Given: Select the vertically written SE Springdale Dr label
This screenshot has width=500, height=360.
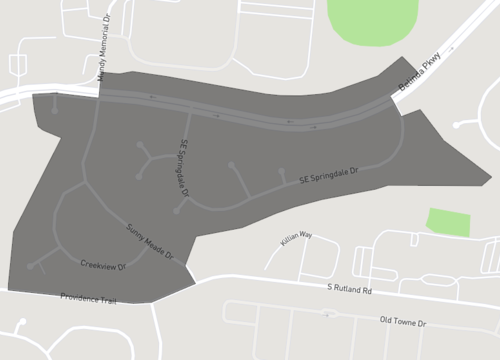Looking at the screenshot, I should pos(184,167).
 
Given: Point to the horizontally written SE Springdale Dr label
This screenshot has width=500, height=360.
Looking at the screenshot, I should pos(328,176).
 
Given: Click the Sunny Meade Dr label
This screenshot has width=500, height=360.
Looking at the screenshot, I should pos(150,241).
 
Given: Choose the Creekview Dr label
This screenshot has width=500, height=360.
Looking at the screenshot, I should pos(103,266).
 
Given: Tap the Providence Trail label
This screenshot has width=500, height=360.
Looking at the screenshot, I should pos(89,298).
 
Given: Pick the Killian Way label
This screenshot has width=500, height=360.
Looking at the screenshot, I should pos(296,237).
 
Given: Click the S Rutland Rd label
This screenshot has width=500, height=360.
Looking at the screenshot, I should pos(349,289).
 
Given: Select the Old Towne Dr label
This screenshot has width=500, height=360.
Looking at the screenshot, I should pos(402,323).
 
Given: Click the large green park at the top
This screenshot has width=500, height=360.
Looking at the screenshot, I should pos(372,20).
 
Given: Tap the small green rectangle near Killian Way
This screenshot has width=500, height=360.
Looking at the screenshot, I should pos(448,222).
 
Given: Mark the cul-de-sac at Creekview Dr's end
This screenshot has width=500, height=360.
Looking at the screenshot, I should pos(31,267).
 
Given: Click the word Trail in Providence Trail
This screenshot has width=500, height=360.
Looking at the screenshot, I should pos(103,299).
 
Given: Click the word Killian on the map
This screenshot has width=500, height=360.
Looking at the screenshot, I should pos(289,239).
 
